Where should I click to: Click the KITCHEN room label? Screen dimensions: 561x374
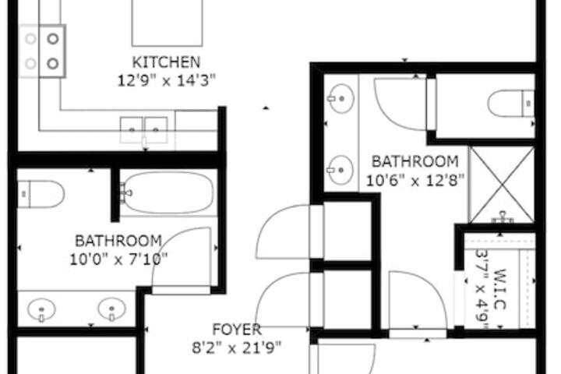tap(166, 62)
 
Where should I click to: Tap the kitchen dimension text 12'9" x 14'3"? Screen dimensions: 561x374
tap(167, 80)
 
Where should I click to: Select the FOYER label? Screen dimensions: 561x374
tap(237, 330)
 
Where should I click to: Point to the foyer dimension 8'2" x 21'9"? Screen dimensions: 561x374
tap(237, 348)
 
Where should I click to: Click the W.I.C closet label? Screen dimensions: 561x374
tap(500, 289)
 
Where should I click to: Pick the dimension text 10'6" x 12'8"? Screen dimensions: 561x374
tap(415, 180)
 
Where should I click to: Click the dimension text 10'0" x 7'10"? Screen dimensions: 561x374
tap(118, 259)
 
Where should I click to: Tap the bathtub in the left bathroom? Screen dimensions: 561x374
tap(168, 192)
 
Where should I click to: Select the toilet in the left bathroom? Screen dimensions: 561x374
tap(41, 194)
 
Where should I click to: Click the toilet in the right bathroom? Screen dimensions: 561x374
tap(511, 104)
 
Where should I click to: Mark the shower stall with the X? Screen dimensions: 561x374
tap(502, 185)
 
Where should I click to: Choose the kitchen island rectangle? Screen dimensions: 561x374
tap(167, 22)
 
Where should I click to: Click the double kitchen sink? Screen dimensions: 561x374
tap(144, 130)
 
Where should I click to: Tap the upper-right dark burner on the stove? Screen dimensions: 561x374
tap(53, 39)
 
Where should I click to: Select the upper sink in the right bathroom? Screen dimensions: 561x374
tap(341, 98)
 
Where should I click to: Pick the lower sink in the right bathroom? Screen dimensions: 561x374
tap(341, 170)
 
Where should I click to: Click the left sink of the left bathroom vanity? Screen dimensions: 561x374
tap(41, 309)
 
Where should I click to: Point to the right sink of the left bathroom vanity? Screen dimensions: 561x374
tap(111, 309)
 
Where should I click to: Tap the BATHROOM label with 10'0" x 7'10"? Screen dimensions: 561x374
tap(118, 241)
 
